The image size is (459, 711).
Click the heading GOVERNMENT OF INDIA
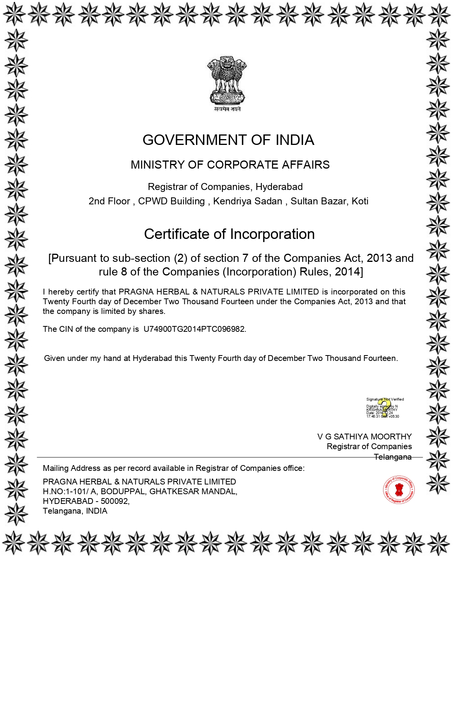click(x=228, y=140)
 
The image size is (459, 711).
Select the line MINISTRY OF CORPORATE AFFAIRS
click(x=230, y=165)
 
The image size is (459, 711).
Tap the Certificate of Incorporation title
click(x=229, y=234)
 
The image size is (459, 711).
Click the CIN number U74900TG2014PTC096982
click(x=194, y=329)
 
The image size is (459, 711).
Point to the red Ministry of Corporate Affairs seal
click(x=398, y=490)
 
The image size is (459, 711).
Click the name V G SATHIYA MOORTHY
click(x=364, y=437)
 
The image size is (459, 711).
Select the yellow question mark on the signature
click(x=384, y=408)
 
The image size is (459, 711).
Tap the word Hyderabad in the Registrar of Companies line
click(x=279, y=187)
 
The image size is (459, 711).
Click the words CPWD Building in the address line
click(x=171, y=201)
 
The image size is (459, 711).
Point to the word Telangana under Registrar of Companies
click(x=392, y=457)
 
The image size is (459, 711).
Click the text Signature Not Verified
click(x=385, y=399)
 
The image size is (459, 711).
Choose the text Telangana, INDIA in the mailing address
click(x=75, y=511)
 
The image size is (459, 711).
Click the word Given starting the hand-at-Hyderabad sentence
click(x=54, y=358)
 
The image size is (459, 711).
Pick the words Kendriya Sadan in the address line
click(x=247, y=201)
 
